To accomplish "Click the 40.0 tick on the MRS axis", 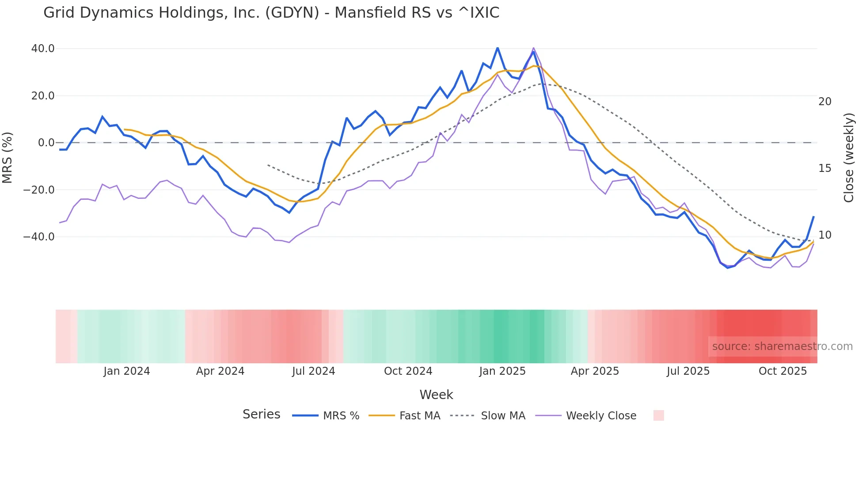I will [43, 49].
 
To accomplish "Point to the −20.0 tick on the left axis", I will [39, 190].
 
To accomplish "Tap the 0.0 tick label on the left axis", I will [46, 143].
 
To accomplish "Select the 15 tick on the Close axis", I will [824, 168].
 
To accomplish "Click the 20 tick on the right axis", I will [824, 102].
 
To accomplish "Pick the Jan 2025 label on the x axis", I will [502, 371].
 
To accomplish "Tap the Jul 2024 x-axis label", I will [313, 371].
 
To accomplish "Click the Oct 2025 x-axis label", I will [782, 371].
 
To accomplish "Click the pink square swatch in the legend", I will [658, 415].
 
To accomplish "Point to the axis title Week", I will [436, 395].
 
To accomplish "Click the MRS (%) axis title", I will [8, 157].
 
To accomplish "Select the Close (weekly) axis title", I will [848, 158].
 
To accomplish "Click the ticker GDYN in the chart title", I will [292, 13].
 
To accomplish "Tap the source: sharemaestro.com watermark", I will [782, 346].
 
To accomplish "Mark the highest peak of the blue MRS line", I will [498, 48].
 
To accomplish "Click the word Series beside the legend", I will [261, 415].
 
